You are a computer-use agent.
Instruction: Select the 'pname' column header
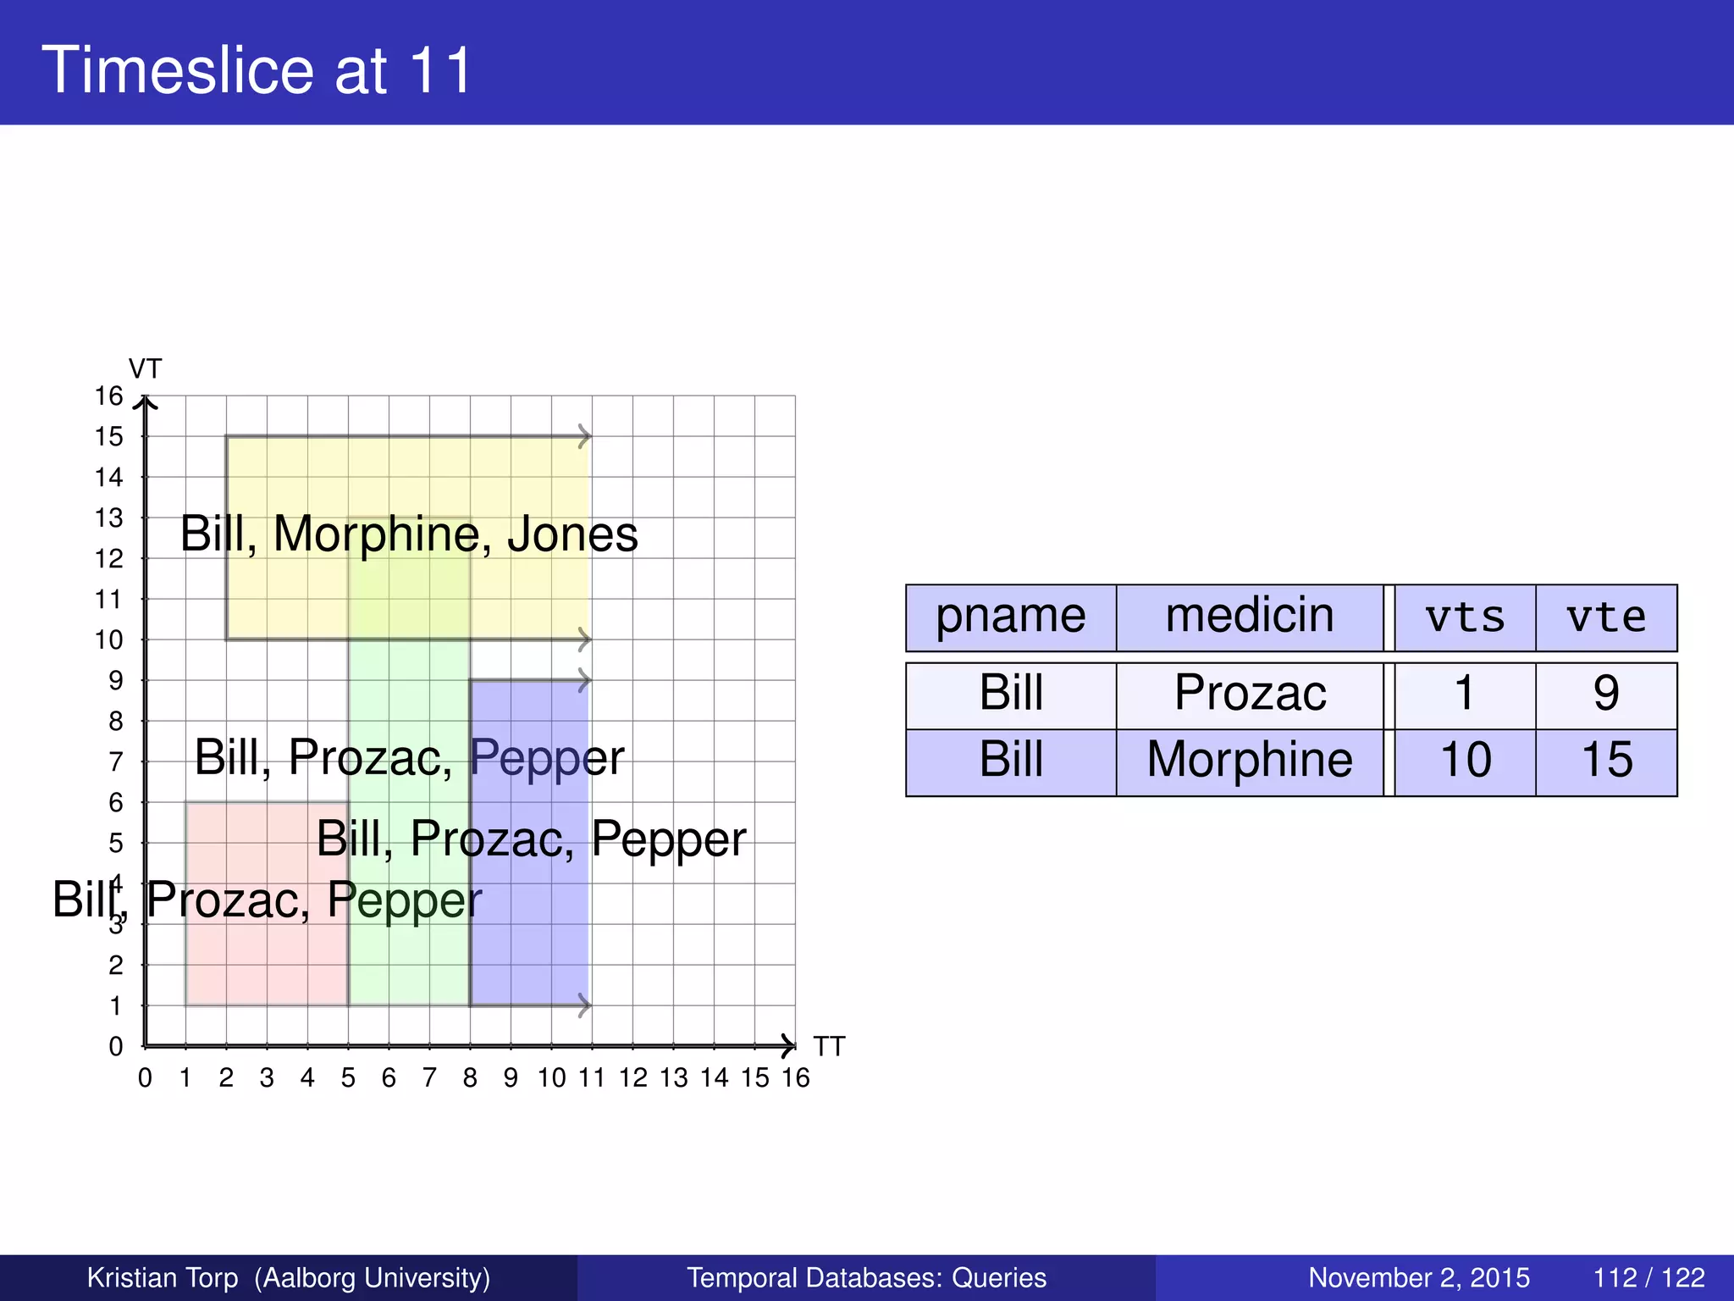click(1010, 617)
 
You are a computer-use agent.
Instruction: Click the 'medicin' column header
click(1249, 617)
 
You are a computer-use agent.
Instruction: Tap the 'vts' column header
click(1465, 617)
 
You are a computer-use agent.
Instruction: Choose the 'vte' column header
click(1606, 617)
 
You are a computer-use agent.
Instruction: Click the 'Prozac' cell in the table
click(1250, 694)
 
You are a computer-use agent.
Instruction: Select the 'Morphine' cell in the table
click(1250, 760)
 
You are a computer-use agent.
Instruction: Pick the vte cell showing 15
click(1606, 760)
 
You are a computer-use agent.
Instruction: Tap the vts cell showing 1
click(1465, 694)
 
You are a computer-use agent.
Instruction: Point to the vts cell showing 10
click(1465, 760)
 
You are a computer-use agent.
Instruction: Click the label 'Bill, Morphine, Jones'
click(409, 535)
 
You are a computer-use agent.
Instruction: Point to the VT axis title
click(145, 369)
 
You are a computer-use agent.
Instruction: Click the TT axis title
click(830, 1047)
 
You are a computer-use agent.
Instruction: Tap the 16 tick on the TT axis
click(796, 1078)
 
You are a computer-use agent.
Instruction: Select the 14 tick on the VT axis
click(109, 478)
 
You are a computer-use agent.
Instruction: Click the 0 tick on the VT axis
click(116, 1047)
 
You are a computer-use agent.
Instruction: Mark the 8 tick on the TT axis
click(470, 1078)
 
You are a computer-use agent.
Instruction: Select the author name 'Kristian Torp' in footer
click(163, 1277)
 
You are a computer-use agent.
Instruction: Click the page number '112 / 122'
click(1648, 1277)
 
